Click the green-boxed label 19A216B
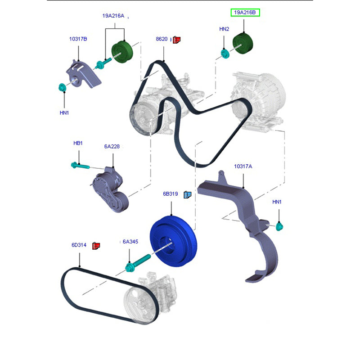coord(245,13)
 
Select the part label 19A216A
coord(113,16)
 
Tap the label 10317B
coord(78,39)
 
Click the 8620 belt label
coord(162,39)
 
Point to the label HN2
coord(224,29)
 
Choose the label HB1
coord(78,143)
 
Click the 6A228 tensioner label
coord(112,147)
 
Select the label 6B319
coord(171,194)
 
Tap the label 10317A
coord(243,166)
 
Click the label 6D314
coord(79,245)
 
